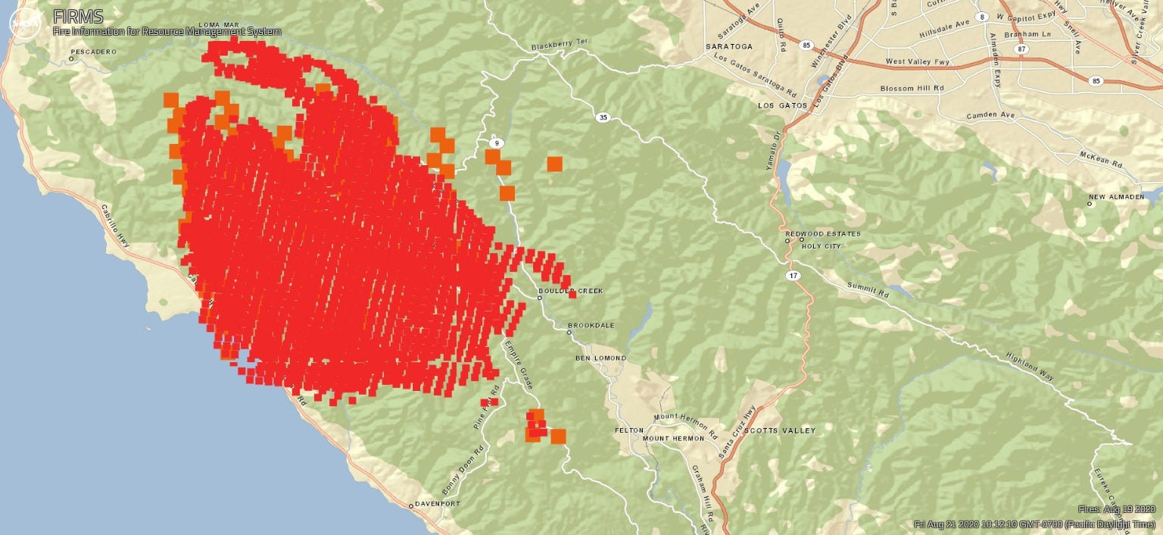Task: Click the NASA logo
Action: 23,23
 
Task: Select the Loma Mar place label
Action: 218,25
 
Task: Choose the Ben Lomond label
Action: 600,358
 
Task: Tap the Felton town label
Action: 629,430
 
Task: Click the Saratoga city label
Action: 729,46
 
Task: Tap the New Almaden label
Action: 1117,197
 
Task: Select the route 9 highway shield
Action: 496,142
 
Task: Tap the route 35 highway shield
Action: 603,117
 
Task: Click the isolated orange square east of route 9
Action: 555,164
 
